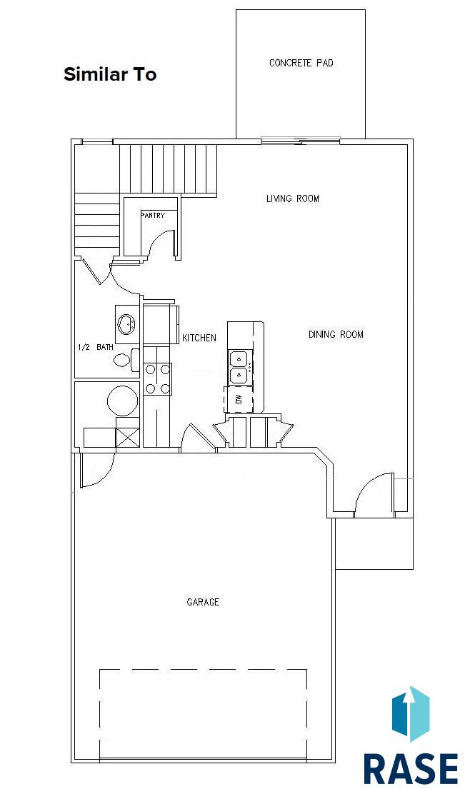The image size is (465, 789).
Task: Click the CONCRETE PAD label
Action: point(301,63)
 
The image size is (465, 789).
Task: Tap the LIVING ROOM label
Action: point(292,198)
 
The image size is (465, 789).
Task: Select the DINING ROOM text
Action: point(336,334)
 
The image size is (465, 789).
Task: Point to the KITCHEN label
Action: point(199,338)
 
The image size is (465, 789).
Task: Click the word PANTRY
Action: point(152,215)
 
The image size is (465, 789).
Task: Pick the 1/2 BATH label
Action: point(96,347)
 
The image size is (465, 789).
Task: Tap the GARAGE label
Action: point(203,602)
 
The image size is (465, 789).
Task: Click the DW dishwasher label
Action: point(239,399)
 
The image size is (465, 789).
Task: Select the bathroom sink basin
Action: point(126,323)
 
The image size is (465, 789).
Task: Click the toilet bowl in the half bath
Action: point(121,361)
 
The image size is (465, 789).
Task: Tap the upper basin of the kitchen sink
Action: point(238,358)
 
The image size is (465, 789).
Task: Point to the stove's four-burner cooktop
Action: point(158,378)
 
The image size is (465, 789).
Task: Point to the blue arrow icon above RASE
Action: point(411,713)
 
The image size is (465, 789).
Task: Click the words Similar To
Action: point(110,74)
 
